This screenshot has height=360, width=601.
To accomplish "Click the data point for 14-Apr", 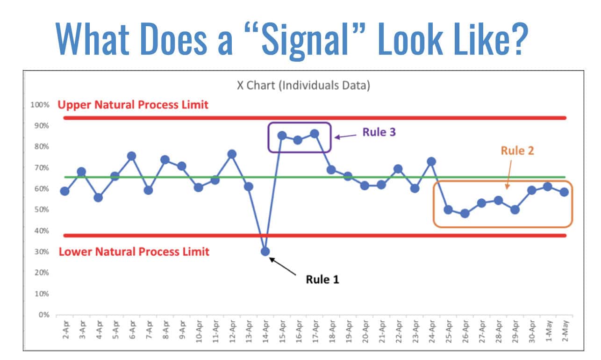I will pos(265,252).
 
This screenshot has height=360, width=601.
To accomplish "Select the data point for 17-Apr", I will pos(315,134).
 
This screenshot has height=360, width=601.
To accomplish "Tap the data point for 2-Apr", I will pos(65,191).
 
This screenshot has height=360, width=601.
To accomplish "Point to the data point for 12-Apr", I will pos(231,154).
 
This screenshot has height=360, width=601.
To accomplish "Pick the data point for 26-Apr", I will pos(465,214).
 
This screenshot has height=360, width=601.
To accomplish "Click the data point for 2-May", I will pos(564,192).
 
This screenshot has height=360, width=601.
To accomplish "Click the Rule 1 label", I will pos(322,280).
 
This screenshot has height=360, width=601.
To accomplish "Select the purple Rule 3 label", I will pos(379,132).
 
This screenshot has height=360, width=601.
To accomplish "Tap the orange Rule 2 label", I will pos(517,151).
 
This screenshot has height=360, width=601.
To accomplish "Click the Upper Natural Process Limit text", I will pos(133,105).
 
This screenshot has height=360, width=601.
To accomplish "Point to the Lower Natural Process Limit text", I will pos(134,252).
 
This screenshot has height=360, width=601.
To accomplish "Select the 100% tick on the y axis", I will pos(40,105).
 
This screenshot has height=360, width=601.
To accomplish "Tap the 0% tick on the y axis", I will pos(43,315).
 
